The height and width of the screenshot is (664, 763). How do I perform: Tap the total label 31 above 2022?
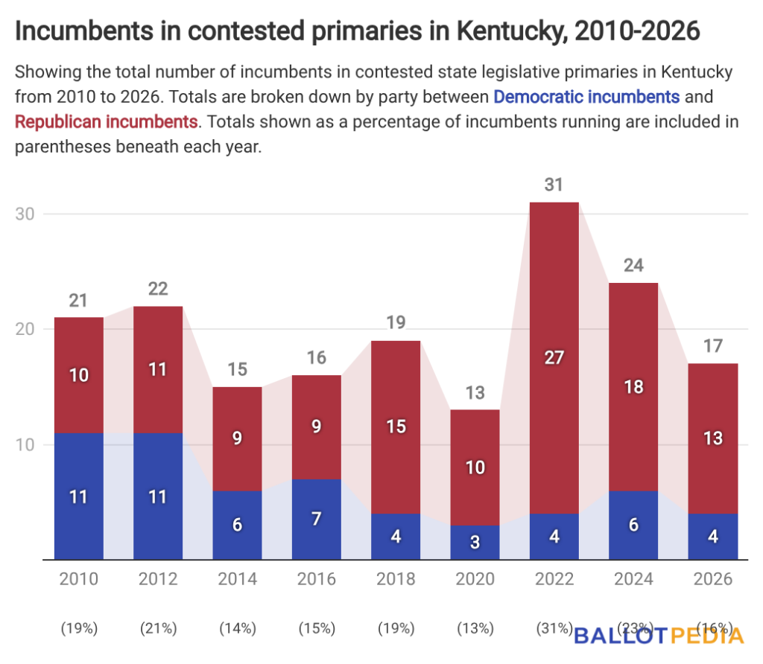click(x=554, y=185)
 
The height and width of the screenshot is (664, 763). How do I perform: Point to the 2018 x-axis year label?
click(x=396, y=579)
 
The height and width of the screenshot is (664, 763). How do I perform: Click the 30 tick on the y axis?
click(x=25, y=214)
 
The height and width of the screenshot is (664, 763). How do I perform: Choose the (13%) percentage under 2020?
click(x=475, y=628)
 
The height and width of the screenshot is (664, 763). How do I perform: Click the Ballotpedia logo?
click(x=659, y=635)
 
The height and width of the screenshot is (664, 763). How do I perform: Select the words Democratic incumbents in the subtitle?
click(x=586, y=97)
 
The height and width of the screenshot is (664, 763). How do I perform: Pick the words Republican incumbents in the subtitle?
click(x=106, y=121)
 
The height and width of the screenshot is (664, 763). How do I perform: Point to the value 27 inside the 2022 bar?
click(x=554, y=358)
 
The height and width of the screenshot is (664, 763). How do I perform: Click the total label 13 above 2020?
click(x=475, y=392)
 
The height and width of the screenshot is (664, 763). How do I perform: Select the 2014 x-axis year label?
click(x=237, y=579)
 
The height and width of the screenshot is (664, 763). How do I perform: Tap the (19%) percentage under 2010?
click(x=79, y=628)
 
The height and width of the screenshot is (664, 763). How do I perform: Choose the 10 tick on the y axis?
click(x=25, y=444)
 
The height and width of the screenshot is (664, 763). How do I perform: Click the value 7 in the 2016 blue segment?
click(x=317, y=519)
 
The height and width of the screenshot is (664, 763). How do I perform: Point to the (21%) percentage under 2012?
click(x=158, y=628)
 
